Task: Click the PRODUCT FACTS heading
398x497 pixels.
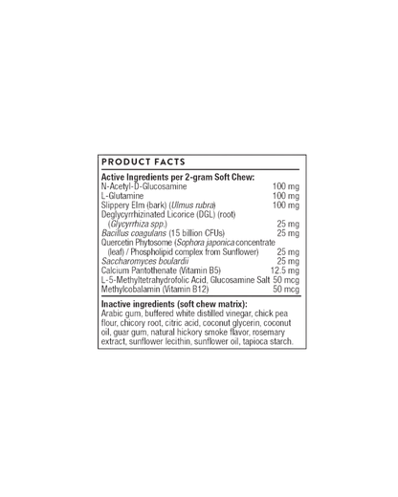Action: pyautogui.click(x=144, y=162)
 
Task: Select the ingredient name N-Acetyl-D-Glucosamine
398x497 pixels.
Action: pyautogui.click(x=144, y=186)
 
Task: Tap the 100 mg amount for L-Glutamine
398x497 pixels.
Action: pyautogui.click(x=286, y=196)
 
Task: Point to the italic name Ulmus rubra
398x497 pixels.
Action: pyautogui.click(x=193, y=205)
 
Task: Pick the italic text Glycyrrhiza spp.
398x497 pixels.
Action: pyautogui.click(x=138, y=224)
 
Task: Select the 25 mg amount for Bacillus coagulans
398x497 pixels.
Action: pyautogui.click(x=288, y=233)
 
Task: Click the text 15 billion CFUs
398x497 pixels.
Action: pyautogui.click(x=197, y=233)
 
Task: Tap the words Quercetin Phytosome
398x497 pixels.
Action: pyautogui.click(x=137, y=243)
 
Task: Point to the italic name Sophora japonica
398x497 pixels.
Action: pyautogui.click(x=206, y=243)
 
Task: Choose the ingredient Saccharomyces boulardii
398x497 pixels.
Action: pyautogui.click(x=145, y=261)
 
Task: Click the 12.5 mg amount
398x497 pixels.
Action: pyautogui.click(x=285, y=270)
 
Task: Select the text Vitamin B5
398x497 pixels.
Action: pyautogui.click(x=200, y=270)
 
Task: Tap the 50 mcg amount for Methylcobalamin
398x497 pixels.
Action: pyautogui.click(x=286, y=290)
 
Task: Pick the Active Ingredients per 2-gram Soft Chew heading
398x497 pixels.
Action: pyautogui.click(x=178, y=177)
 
